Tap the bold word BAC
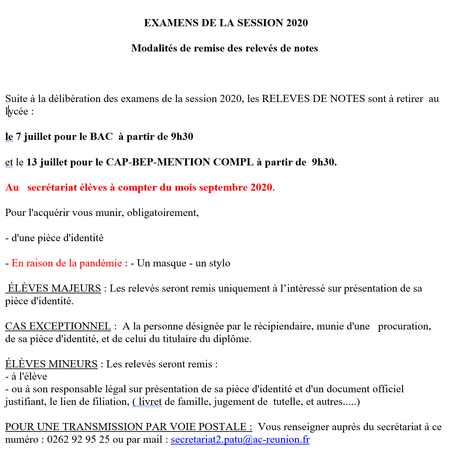coord(101,137)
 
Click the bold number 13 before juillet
coord(31,162)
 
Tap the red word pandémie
coord(100,263)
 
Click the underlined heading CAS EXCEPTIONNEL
coord(58,326)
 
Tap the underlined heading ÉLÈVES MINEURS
coord(52,364)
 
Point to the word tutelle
coord(287,402)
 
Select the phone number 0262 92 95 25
coord(78,440)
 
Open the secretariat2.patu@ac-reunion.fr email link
coord(240,440)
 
